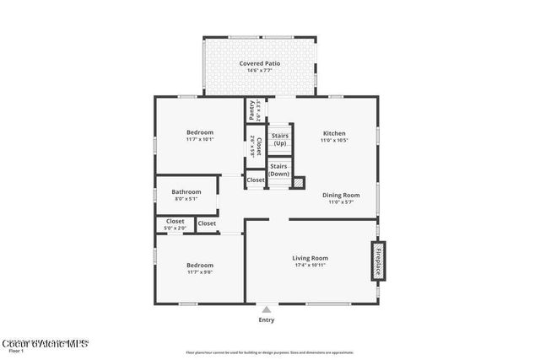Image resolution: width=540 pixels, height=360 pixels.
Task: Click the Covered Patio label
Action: click(259, 63)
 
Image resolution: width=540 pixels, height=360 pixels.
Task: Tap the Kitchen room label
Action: click(334, 133)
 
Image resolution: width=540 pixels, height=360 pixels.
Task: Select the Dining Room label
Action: click(341, 195)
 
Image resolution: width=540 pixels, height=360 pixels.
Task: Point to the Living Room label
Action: click(310, 258)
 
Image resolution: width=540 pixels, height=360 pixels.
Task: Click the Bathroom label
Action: click(186, 192)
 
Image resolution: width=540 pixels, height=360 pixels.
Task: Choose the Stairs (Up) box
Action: click(279, 139)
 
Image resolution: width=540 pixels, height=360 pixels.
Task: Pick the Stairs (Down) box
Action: click(279, 169)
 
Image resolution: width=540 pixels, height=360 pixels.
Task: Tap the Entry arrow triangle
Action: click(267, 309)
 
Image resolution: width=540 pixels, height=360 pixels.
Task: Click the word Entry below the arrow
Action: click(267, 320)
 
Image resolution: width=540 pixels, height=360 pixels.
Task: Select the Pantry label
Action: click(251, 110)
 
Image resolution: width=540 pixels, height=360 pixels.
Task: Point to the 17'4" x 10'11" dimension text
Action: click(310, 266)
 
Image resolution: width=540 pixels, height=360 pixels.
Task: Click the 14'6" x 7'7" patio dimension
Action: click(259, 71)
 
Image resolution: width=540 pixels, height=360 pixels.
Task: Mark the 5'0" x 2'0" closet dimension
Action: click(175, 228)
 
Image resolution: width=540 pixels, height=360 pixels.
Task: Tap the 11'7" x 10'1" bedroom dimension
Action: click(200, 140)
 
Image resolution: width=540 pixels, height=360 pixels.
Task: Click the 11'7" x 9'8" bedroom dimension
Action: click(200, 271)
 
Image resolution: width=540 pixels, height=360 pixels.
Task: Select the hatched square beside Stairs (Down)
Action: click(298, 182)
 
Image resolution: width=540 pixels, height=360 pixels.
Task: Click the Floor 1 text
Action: click(16, 350)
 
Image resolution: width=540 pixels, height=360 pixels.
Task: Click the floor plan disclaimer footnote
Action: click(270, 352)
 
